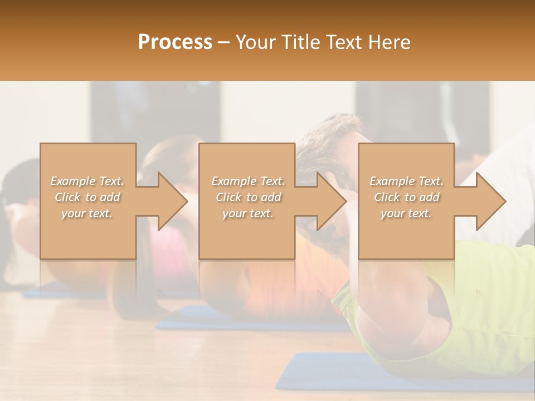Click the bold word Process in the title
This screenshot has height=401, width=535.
(x=175, y=42)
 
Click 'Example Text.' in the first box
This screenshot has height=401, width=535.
(x=87, y=181)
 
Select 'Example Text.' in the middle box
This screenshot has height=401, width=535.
(x=248, y=181)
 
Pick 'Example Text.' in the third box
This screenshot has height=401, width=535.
(x=406, y=181)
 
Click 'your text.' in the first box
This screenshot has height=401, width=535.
(x=87, y=213)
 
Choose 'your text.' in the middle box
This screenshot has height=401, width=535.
(x=248, y=213)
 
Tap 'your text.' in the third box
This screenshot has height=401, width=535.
(x=406, y=213)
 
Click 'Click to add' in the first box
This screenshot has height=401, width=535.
(x=87, y=197)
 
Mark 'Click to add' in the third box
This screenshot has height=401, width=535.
(x=406, y=197)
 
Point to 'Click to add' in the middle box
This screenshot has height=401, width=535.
(x=248, y=197)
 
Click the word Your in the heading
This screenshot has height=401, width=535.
(x=254, y=42)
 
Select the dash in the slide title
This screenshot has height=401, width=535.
(x=224, y=43)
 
